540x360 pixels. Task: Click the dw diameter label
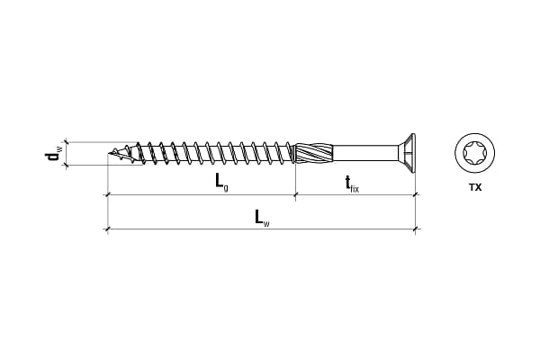[53, 154]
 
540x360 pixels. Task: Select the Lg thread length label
[221, 182]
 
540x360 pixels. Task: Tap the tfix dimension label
[352, 184]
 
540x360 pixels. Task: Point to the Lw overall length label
[262, 218]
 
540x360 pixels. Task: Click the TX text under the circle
[475, 188]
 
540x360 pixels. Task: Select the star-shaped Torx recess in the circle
[475, 153]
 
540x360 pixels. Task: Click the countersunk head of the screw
[408, 153]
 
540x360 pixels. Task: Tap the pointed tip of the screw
[109, 153]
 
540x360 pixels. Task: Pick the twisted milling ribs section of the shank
[314, 153]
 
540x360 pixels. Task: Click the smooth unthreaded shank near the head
[366, 153]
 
